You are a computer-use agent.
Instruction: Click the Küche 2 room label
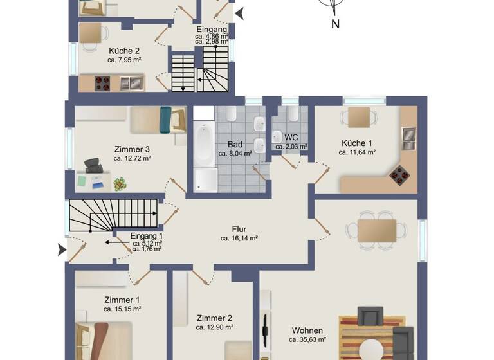pyautogui.click(x=124, y=50)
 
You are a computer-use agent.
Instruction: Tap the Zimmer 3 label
pyautogui.click(x=133, y=149)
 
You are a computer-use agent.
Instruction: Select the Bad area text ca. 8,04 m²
pyautogui.click(x=234, y=154)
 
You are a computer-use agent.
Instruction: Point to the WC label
pyautogui.click(x=291, y=138)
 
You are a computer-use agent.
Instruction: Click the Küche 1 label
pyautogui.click(x=356, y=143)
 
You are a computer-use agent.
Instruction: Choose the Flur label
pyautogui.click(x=239, y=229)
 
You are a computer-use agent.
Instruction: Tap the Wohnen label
pyautogui.click(x=307, y=330)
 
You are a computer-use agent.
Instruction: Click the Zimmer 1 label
pyautogui.click(x=122, y=300)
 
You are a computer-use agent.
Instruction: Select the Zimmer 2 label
pyautogui.click(x=214, y=318)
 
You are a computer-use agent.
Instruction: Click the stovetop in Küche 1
pyautogui.click(x=401, y=173)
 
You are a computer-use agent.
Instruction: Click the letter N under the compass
pyautogui.click(x=335, y=24)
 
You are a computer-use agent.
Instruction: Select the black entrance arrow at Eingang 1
pyautogui.click(x=62, y=249)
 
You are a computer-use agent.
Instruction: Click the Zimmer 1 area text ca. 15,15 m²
pyautogui.click(x=122, y=309)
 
